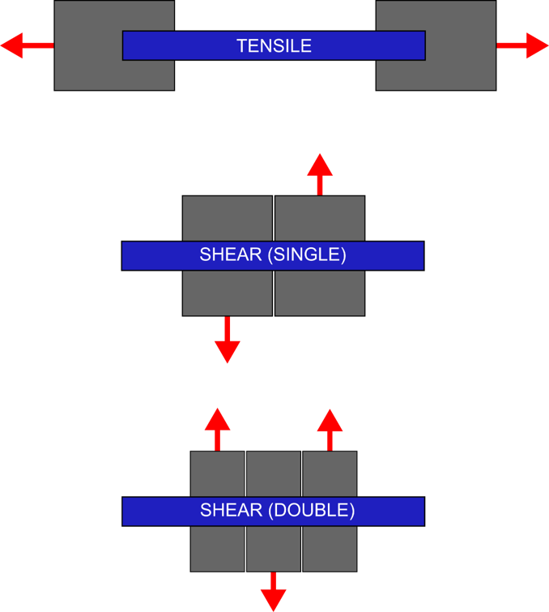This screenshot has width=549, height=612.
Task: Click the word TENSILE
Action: (274, 46)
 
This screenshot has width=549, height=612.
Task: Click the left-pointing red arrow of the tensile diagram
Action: (24, 46)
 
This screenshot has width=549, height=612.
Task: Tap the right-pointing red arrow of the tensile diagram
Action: (525, 46)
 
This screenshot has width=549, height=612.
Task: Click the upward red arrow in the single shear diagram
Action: (320, 172)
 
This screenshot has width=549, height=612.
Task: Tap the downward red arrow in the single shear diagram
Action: (228, 341)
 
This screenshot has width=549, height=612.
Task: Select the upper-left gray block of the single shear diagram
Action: (227, 218)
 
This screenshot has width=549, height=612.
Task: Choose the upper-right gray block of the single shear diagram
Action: (320, 218)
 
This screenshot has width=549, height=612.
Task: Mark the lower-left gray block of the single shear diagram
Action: (227, 293)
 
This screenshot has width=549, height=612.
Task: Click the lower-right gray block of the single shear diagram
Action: (320, 293)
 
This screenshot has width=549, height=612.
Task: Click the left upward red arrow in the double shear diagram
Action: (217, 427)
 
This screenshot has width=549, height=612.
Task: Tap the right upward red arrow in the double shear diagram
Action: (330, 427)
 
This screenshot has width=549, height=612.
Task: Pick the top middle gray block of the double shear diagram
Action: (273, 473)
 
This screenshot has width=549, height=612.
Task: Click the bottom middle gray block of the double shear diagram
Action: (273, 549)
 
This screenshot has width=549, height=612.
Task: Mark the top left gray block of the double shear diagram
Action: (217, 473)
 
